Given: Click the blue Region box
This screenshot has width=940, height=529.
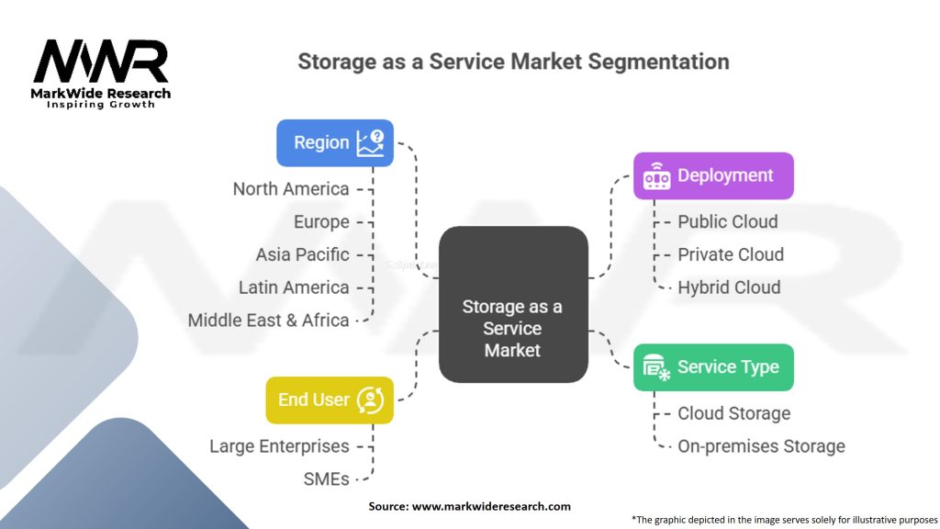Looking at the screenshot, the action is pyautogui.click(x=335, y=142).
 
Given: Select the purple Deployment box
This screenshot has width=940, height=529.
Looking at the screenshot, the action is pyautogui.click(x=713, y=175).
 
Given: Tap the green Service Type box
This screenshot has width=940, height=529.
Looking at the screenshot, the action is pyautogui.click(x=713, y=367).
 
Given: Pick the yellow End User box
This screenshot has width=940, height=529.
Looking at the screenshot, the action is pyautogui.click(x=330, y=400).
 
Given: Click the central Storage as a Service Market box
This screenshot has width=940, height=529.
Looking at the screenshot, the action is pyautogui.click(x=513, y=304).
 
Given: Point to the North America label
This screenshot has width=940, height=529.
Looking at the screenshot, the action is pyautogui.click(x=291, y=189).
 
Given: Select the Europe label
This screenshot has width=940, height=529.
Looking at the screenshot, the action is pyautogui.click(x=321, y=222).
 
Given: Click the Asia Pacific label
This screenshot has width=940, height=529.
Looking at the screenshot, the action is pyautogui.click(x=302, y=254).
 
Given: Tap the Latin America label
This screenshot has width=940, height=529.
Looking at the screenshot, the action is pyautogui.click(x=294, y=287).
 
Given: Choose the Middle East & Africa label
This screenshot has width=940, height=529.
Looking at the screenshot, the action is pyautogui.click(x=269, y=321).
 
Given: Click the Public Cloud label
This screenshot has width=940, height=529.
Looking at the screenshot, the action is pyautogui.click(x=728, y=222).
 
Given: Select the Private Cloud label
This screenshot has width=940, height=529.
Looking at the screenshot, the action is pyautogui.click(x=731, y=254).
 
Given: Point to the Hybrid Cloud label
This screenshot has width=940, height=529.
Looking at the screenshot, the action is pyautogui.click(x=729, y=287).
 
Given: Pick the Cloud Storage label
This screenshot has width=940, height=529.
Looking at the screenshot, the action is pyautogui.click(x=733, y=413).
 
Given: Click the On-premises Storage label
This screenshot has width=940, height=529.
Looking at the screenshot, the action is pyautogui.click(x=761, y=446).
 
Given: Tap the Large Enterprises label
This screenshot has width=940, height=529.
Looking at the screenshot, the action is pyautogui.click(x=279, y=446).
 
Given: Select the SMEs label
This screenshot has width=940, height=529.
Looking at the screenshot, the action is pyautogui.click(x=326, y=479).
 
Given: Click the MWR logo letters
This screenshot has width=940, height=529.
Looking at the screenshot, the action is pyautogui.click(x=101, y=62).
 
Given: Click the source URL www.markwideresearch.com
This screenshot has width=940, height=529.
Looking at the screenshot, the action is pyautogui.click(x=491, y=506).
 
